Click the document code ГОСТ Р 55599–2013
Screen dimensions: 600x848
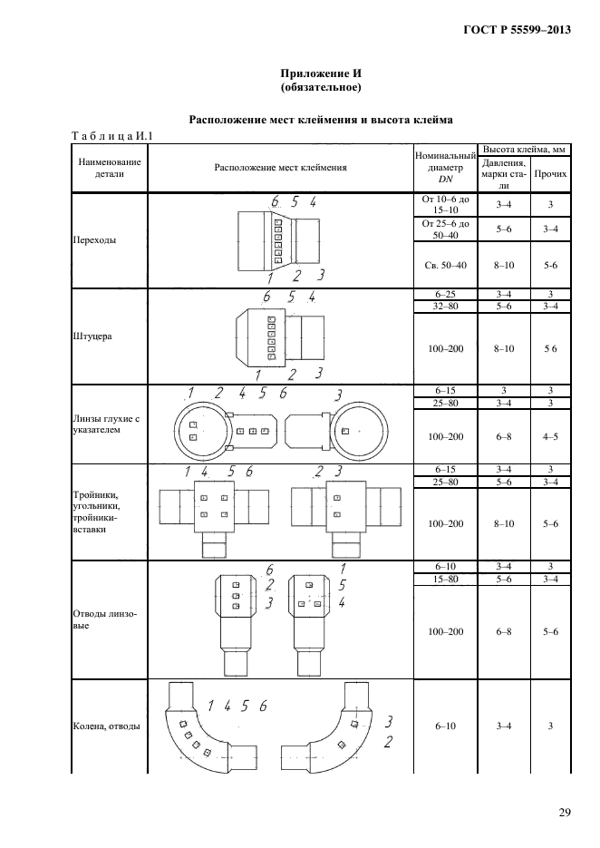tap(518, 30)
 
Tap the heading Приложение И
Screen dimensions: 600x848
tap(321, 74)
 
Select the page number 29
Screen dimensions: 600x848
tap(565, 812)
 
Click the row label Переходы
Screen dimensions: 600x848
tap(94, 240)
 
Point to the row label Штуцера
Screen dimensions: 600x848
tap(92, 336)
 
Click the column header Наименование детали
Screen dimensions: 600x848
tap(110, 168)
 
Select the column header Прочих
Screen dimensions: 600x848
tap(550, 173)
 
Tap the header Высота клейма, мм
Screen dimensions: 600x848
tap(524, 150)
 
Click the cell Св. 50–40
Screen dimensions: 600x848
tap(445, 266)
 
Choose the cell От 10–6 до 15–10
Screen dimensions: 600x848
tap(445, 204)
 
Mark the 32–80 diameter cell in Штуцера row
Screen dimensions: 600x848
tap(445, 307)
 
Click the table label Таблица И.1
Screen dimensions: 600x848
tap(112, 136)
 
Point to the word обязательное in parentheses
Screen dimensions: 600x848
tap(321, 87)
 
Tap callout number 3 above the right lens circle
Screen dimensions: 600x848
tap(338, 395)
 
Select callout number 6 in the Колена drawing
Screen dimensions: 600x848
tap(263, 706)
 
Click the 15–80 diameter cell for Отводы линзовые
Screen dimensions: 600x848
tap(445, 580)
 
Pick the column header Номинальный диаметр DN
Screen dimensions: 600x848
tap(445, 168)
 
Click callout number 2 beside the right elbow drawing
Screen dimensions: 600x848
tap(388, 743)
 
